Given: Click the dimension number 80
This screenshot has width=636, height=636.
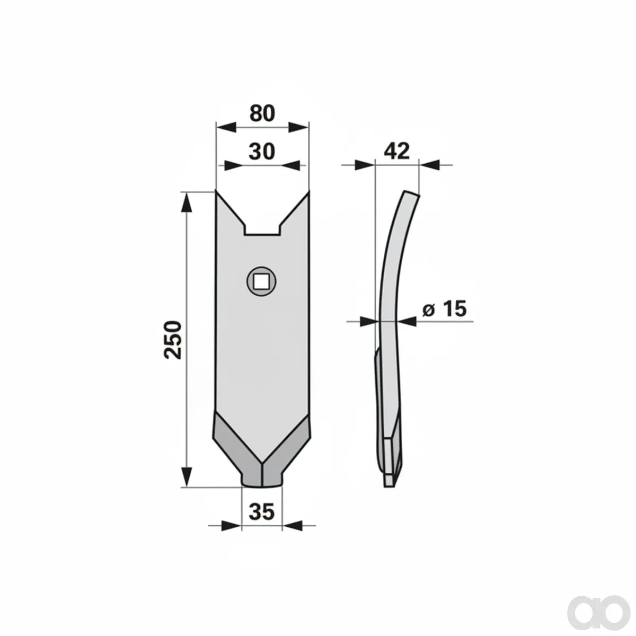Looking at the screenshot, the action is tap(262, 113).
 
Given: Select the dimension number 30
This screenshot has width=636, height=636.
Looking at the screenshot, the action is tap(262, 152).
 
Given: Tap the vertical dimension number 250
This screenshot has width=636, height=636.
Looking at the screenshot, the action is tap(173, 340).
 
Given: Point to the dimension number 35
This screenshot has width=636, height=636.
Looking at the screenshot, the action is tap(262, 512).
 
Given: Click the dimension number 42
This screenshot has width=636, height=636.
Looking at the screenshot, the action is tap(397, 151).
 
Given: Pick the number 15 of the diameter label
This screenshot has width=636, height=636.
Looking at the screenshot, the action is tap(454, 309).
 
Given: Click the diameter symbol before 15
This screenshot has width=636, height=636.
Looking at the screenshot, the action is tap(428, 311).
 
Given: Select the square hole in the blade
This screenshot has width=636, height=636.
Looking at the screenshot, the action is tap(261, 281).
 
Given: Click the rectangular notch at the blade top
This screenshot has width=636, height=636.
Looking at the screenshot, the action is tap(262, 229).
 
